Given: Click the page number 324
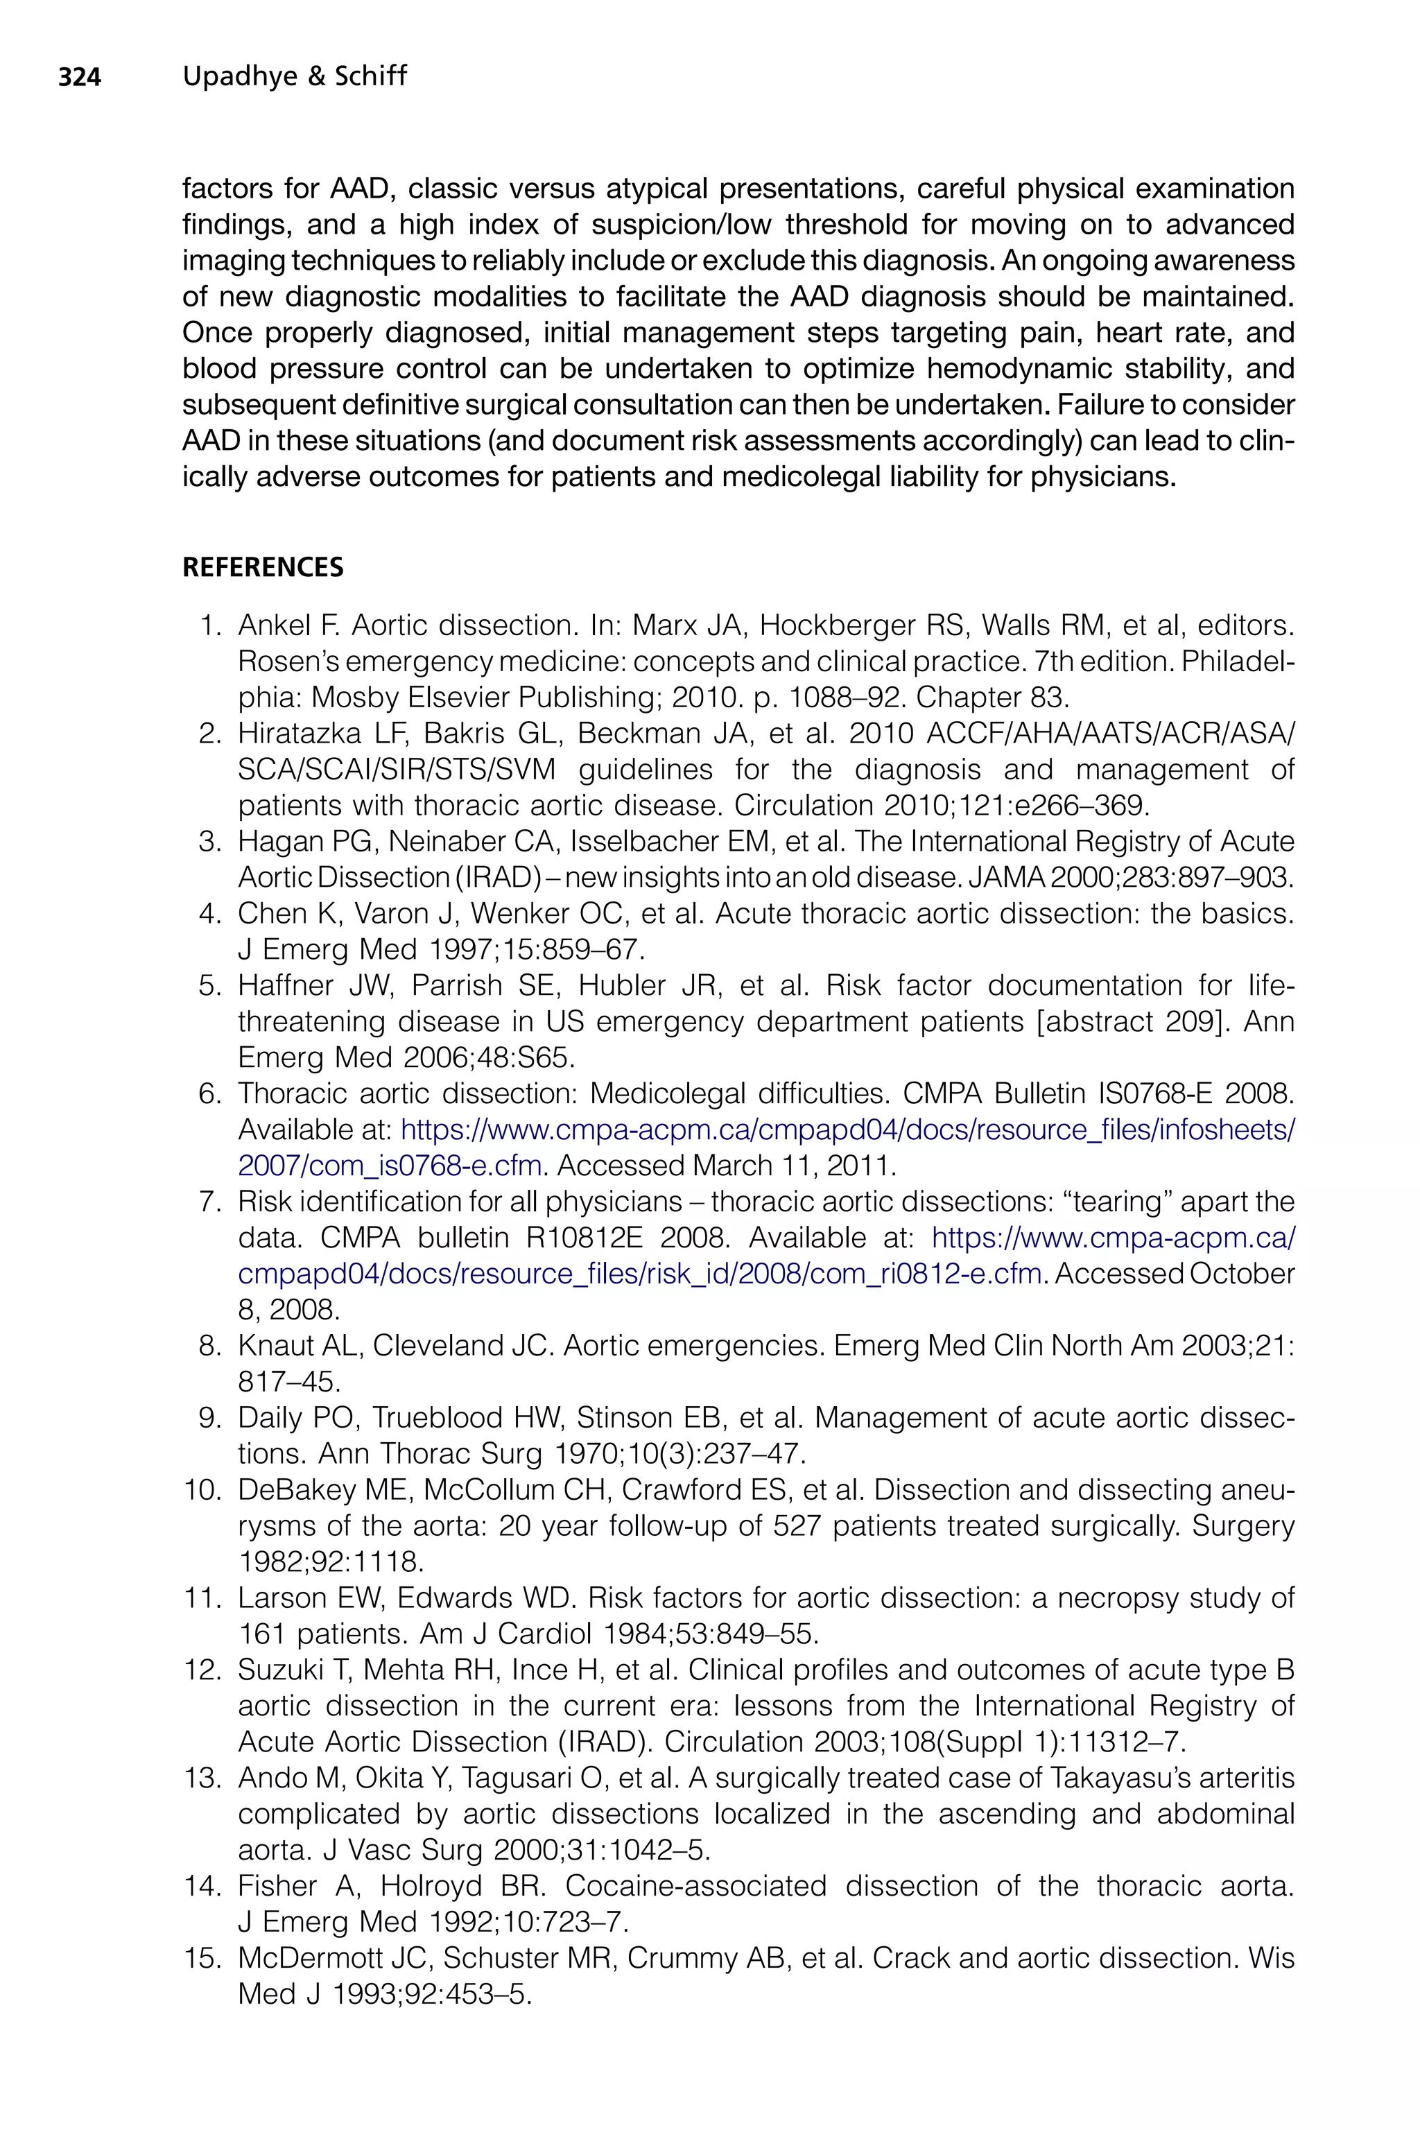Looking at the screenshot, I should (80, 78).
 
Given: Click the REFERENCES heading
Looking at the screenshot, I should (263, 568).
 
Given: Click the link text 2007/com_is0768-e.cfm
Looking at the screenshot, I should (390, 1166).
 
